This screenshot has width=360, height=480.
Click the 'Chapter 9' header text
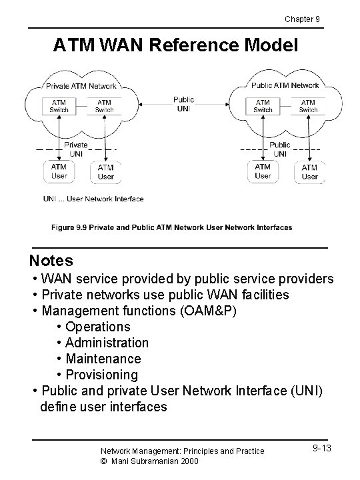click(302, 19)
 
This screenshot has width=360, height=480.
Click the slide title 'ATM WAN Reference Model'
click(177, 45)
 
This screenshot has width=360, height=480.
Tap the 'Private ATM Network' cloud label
click(81, 85)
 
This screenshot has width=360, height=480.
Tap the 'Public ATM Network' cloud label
click(285, 85)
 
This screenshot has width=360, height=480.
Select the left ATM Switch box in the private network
click(59, 105)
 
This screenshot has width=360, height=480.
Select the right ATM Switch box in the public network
click(308, 105)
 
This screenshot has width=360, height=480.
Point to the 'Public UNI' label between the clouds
click(183, 105)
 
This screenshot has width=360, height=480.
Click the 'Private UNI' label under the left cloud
click(76, 149)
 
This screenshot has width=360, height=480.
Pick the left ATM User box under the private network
click(59, 171)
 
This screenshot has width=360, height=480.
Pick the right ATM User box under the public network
click(309, 172)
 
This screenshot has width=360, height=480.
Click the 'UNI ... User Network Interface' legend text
click(93, 199)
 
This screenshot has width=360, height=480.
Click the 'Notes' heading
click(51, 260)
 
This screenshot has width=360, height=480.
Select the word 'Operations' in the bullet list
click(98, 327)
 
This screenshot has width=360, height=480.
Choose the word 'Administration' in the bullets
click(107, 343)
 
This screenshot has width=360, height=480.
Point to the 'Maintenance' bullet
click(103, 359)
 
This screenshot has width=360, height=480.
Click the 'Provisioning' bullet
click(102, 375)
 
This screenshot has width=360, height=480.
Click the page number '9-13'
click(321, 448)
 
